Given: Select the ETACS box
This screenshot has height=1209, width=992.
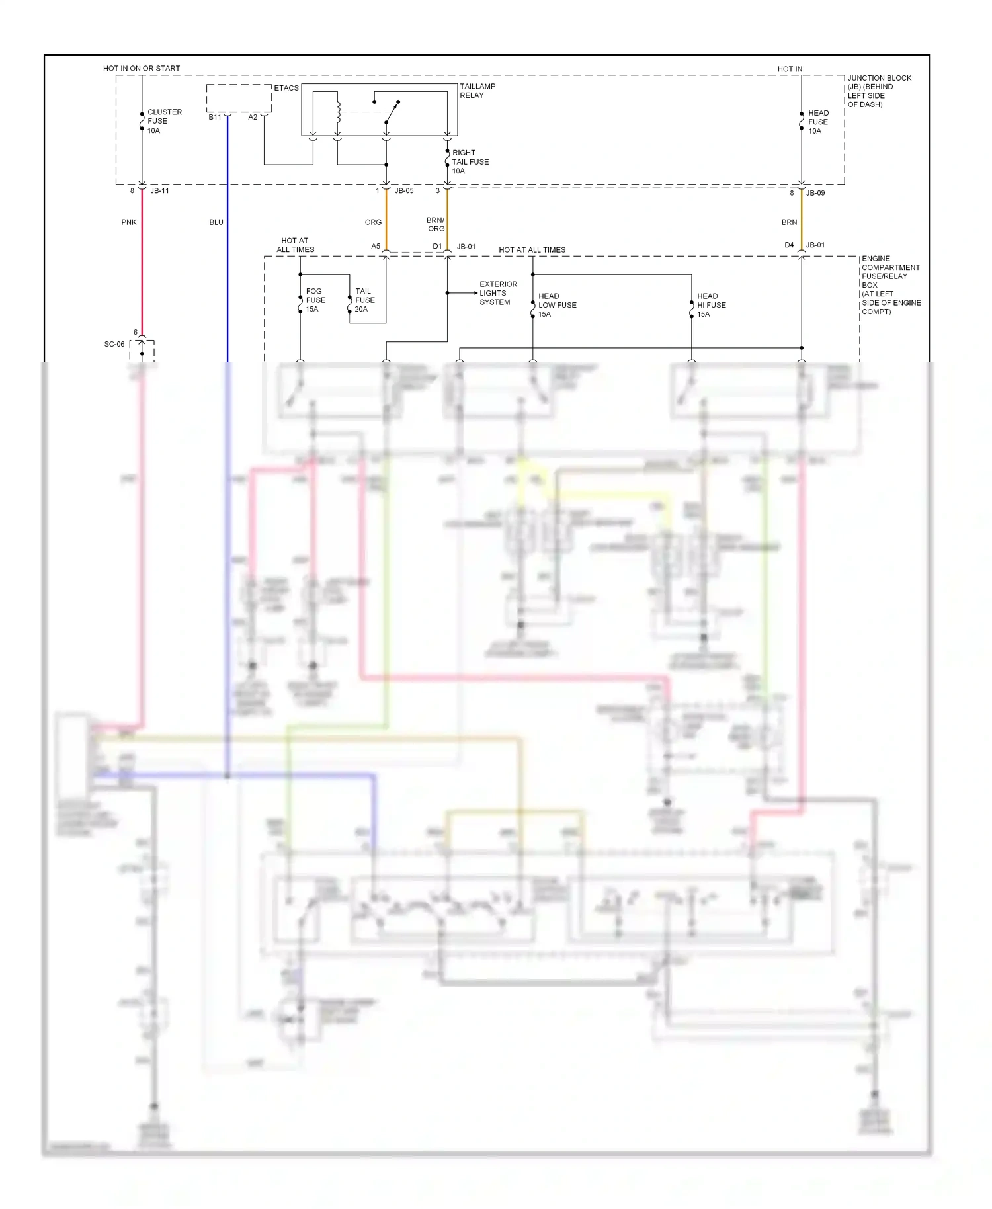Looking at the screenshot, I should coord(239,98).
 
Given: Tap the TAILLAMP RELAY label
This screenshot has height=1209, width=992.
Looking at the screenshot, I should coord(477,91).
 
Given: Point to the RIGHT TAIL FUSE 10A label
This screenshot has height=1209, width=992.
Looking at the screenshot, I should coord(470,162).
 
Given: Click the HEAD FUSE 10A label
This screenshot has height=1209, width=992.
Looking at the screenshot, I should coord(817,122).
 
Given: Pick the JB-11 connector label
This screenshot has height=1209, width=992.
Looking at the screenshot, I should coord(159,191).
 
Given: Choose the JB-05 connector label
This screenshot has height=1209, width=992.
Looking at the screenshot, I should coord(403,191).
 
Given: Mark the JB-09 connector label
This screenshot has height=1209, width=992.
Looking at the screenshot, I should coord(815,193).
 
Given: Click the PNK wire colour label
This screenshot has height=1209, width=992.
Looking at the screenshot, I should coord(129,222).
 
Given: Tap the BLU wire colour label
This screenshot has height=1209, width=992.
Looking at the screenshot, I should coord(216,222).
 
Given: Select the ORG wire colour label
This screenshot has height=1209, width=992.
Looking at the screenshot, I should coord(373,222).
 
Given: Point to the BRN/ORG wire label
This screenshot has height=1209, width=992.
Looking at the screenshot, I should coord(436,225).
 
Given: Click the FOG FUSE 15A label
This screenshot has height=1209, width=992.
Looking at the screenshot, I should coord(315,300).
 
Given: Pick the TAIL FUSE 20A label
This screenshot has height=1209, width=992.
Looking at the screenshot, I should coord(364,300).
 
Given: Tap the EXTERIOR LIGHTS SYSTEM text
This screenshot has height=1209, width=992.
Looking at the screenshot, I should coord(498,293).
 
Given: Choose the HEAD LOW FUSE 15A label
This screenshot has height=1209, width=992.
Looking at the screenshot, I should coord(557,305).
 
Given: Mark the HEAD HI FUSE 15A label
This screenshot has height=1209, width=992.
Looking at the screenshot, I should coord(711,305).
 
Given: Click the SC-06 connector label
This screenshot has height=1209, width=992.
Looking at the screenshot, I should coord(114,344).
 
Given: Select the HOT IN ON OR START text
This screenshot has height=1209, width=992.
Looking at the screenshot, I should coord(142,69).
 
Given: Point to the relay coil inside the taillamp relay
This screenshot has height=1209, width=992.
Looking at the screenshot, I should coord(338,111).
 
